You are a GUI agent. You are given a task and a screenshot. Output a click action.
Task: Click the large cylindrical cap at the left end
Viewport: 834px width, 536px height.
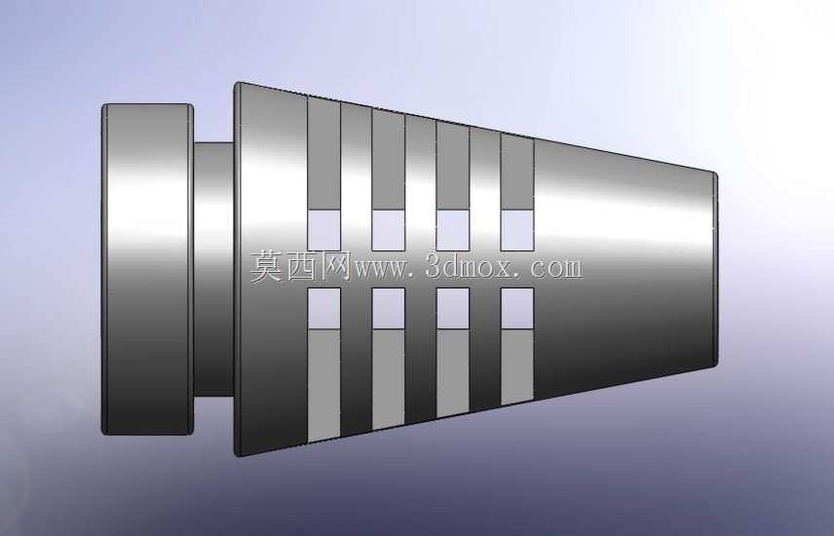tap(147, 269)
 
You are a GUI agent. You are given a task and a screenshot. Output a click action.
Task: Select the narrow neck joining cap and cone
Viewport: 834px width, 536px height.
tap(213, 269)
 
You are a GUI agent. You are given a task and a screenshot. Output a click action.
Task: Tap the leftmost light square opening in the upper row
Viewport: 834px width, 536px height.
tap(323, 230)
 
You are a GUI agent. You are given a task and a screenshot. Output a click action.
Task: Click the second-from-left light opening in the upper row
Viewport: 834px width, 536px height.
tap(389, 230)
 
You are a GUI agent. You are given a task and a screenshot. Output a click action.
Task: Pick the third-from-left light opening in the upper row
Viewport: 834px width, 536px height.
tap(453, 230)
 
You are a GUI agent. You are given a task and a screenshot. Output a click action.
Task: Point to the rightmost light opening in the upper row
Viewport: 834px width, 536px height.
tap(517, 230)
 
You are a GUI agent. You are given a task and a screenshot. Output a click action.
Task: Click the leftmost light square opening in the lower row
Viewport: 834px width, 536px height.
tap(323, 309)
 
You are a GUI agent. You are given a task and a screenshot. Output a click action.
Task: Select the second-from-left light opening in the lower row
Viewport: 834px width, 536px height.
tap(389, 309)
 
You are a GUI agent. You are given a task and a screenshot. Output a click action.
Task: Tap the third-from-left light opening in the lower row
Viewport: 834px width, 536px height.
tap(453, 309)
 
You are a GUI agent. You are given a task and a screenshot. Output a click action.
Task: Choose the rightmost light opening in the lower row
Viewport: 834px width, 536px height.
tap(517, 309)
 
